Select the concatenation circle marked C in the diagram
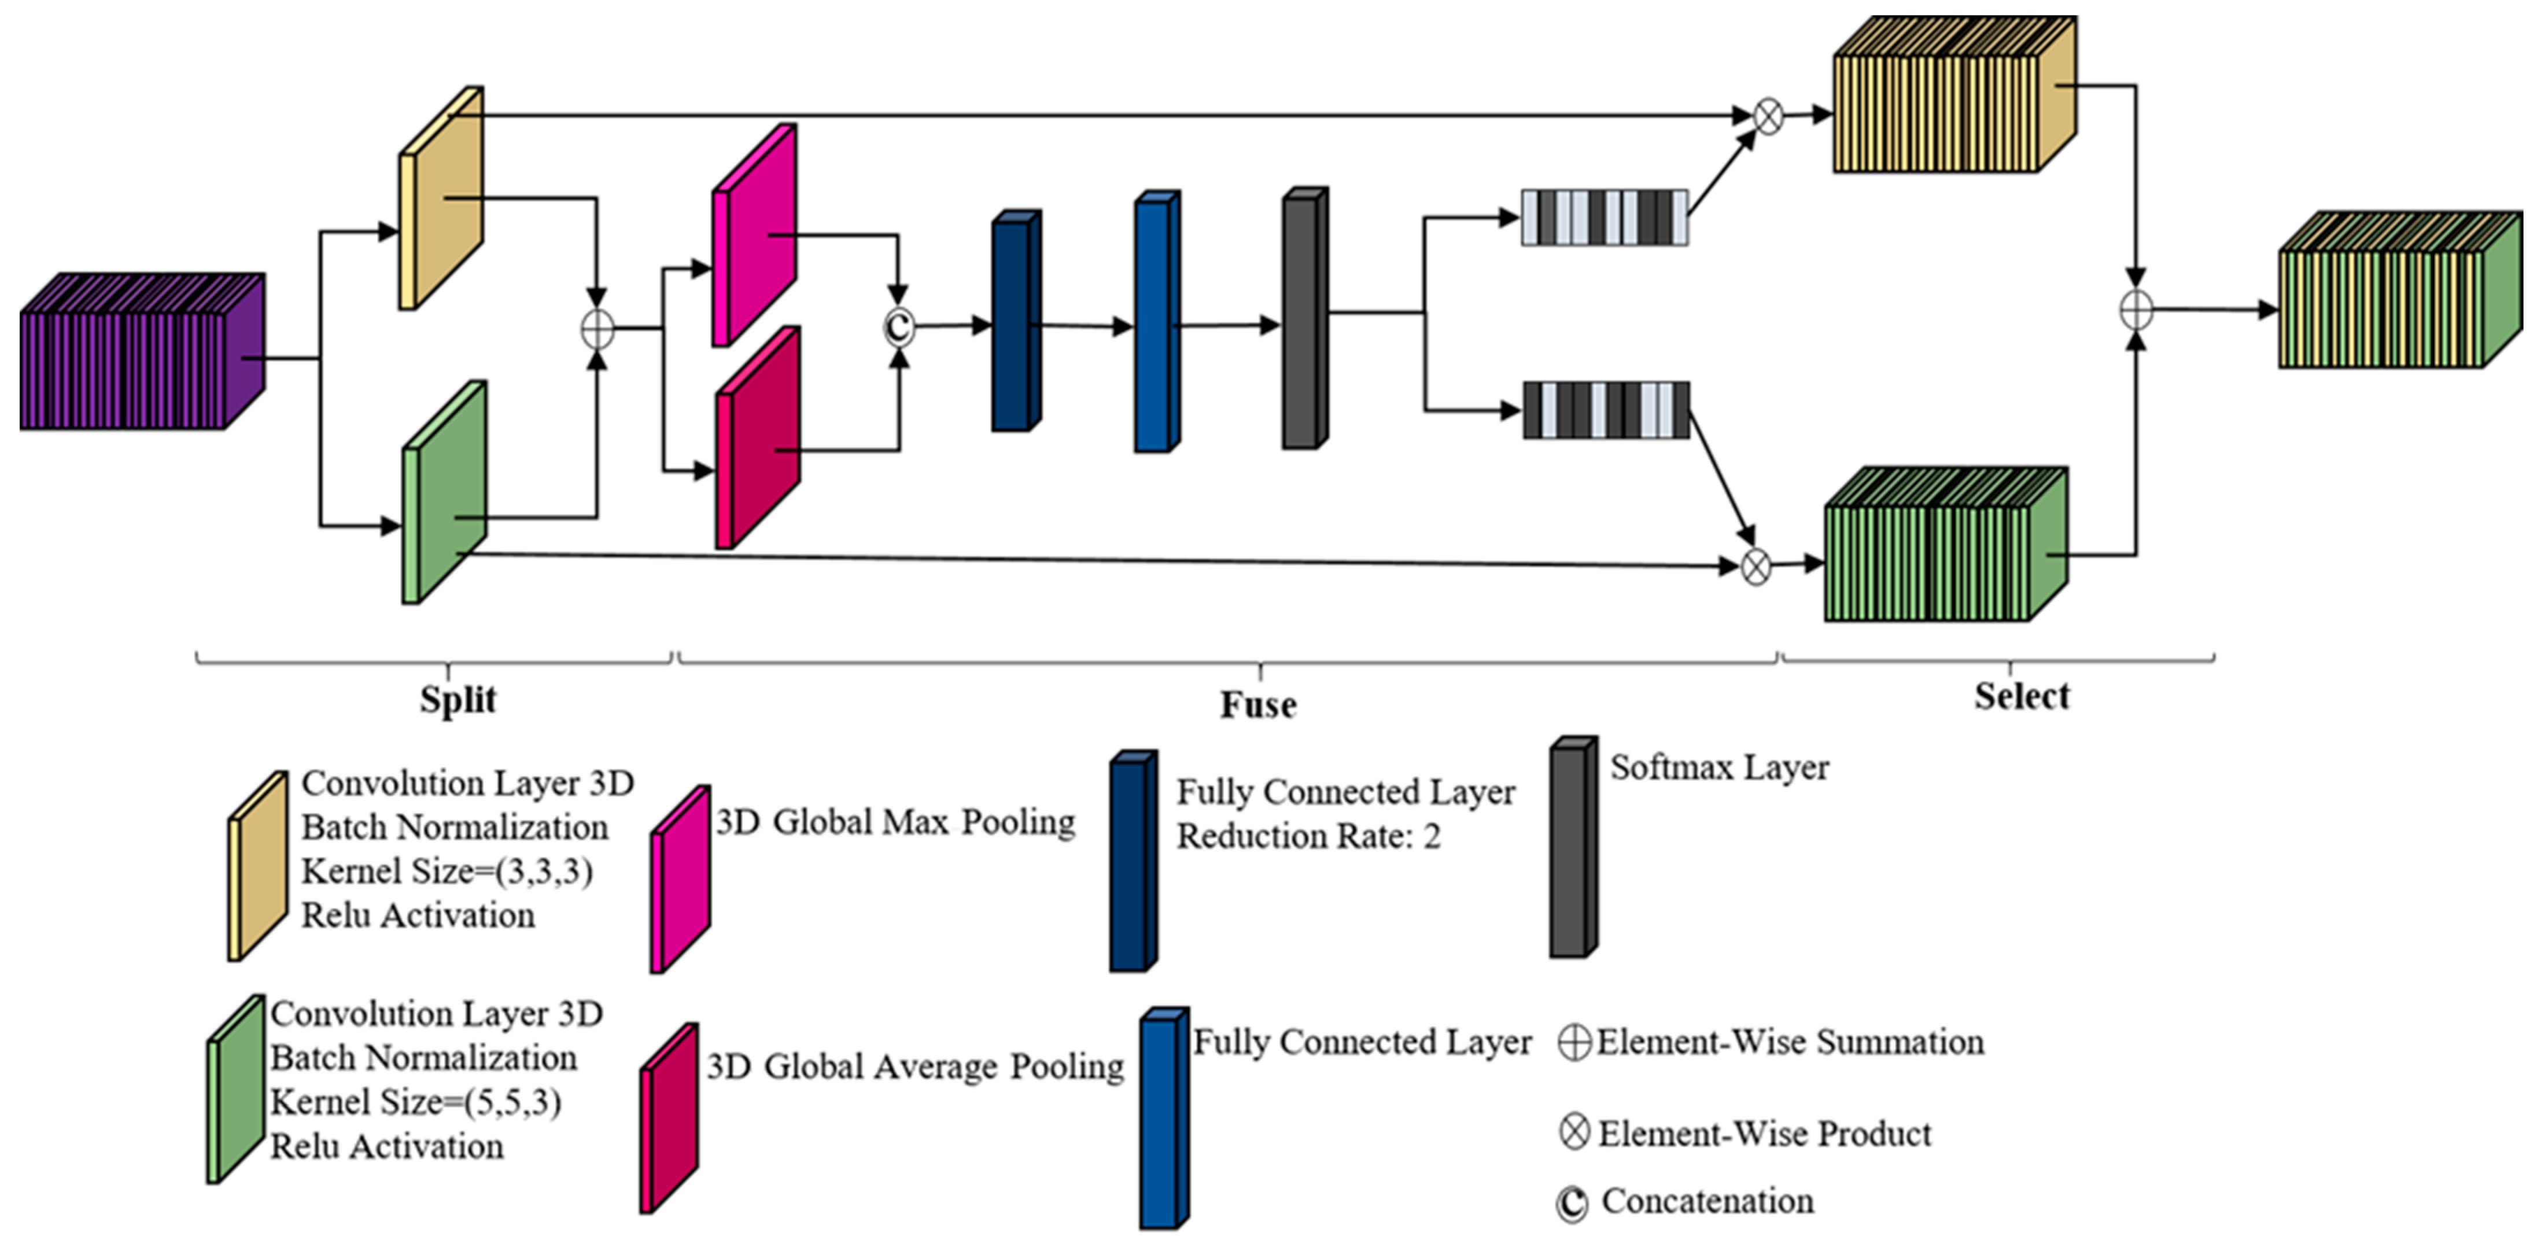(898, 326)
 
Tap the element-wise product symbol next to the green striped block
(1756, 567)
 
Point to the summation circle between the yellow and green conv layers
(597, 329)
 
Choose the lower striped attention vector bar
(1606, 410)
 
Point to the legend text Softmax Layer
(1719, 767)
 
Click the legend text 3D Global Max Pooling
(895, 822)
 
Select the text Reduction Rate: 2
(1308, 837)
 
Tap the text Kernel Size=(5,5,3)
(415, 1102)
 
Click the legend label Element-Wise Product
(1764, 1134)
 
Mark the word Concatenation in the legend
(1706, 1201)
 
